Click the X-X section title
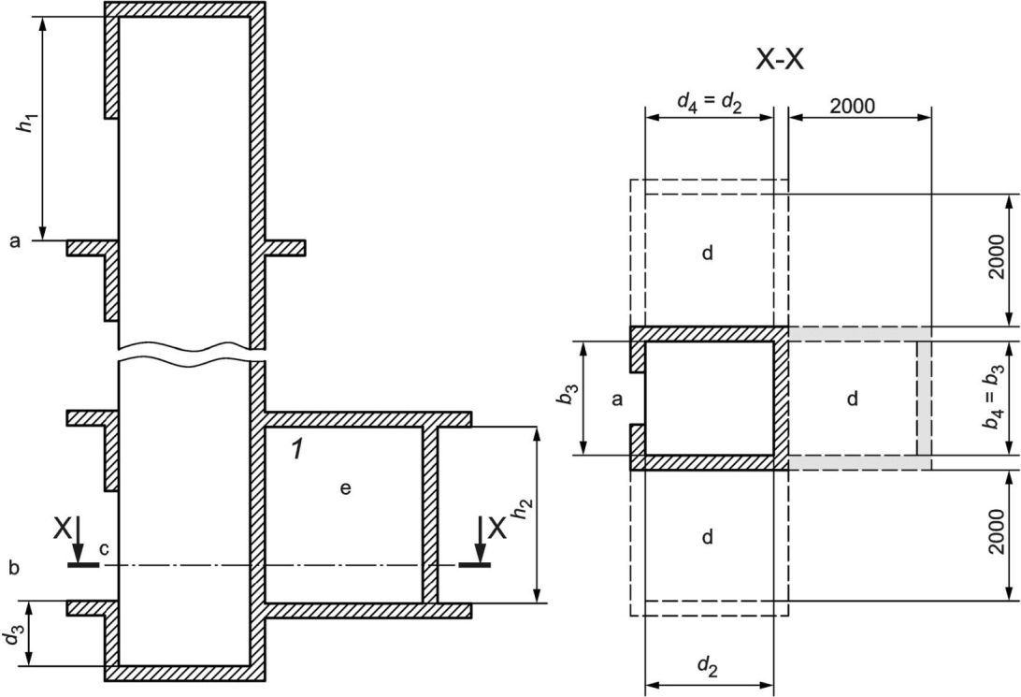(780, 60)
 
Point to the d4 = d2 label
(709, 102)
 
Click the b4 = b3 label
(992, 398)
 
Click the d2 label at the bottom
(708, 665)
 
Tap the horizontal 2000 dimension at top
(853, 106)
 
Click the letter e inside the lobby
(345, 488)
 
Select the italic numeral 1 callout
(297, 449)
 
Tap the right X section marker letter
(496, 529)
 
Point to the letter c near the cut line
(104, 549)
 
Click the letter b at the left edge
(14, 567)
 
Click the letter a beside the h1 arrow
(15, 241)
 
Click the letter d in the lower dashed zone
(708, 536)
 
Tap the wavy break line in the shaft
(192, 354)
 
